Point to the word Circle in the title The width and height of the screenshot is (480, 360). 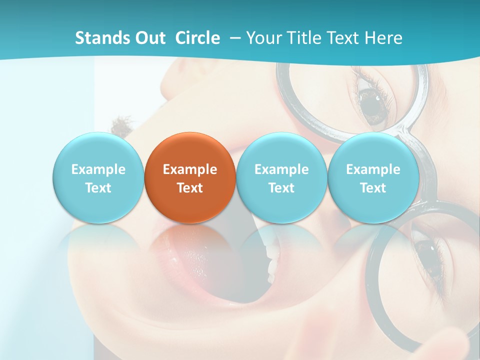(x=197, y=38)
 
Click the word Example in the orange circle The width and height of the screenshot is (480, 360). (x=190, y=169)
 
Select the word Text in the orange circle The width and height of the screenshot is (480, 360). (x=190, y=188)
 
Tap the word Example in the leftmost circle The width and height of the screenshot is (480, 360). (x=98, y=169)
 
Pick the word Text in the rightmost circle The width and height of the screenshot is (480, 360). (x=373, y=188)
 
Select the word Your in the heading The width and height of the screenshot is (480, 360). (x=263, y=38)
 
